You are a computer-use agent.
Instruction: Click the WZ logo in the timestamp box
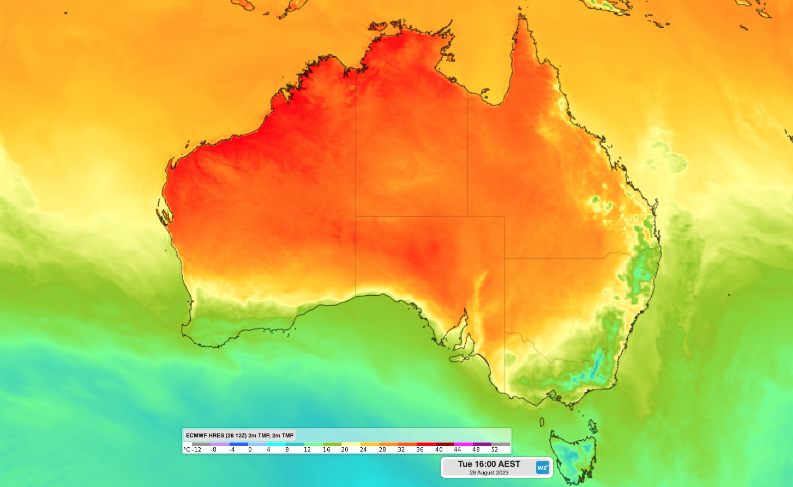pos(542,467)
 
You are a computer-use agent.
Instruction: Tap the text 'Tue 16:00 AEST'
pos(489,464)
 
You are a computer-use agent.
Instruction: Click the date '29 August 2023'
pos(489,473)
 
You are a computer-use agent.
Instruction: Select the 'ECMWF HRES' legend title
pos(239,435)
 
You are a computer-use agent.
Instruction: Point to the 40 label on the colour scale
pos(439,450)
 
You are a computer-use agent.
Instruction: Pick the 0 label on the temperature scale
pos(250,450)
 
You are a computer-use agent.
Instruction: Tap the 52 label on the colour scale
pos(494,450)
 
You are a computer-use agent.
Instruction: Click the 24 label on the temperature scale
pos(363,450)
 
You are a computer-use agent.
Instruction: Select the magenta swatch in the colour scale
pos(463,445)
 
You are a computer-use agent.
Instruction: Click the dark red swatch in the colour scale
pos(444,445)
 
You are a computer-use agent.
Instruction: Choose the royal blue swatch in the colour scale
pos(238,445)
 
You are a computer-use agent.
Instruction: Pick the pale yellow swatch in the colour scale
pos(351,445)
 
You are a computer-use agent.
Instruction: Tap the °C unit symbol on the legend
pos(187,450)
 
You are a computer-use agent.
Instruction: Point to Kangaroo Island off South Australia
pos(460,357)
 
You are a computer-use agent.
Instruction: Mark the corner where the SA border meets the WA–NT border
pos(356,216)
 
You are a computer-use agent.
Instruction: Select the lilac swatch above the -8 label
pos(220,445)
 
